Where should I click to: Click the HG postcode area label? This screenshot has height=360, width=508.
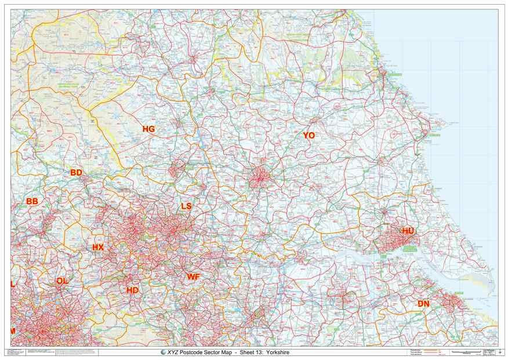tap(148, 129)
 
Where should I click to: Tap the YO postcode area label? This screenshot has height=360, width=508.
tap(309, 135)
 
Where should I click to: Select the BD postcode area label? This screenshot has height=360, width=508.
tap(76, 173)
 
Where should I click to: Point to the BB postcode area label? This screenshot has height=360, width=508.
tap(32, 201)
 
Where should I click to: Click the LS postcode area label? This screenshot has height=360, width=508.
tap(186, 206)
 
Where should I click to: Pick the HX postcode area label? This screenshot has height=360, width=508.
tap(98, 247)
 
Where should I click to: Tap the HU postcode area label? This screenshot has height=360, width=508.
tap(408, 231)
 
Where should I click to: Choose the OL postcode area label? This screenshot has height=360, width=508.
tap(61, 281)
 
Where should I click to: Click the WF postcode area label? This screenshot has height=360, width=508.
tap(193, 277)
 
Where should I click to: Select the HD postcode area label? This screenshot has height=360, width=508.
tap(132, 290)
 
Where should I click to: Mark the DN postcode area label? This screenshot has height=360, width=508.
tap(423, 304)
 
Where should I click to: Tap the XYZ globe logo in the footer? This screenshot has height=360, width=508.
tap(163, 352)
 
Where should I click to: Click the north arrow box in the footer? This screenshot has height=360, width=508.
tap(500, 352)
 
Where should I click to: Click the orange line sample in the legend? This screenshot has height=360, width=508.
tap(429, 350)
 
